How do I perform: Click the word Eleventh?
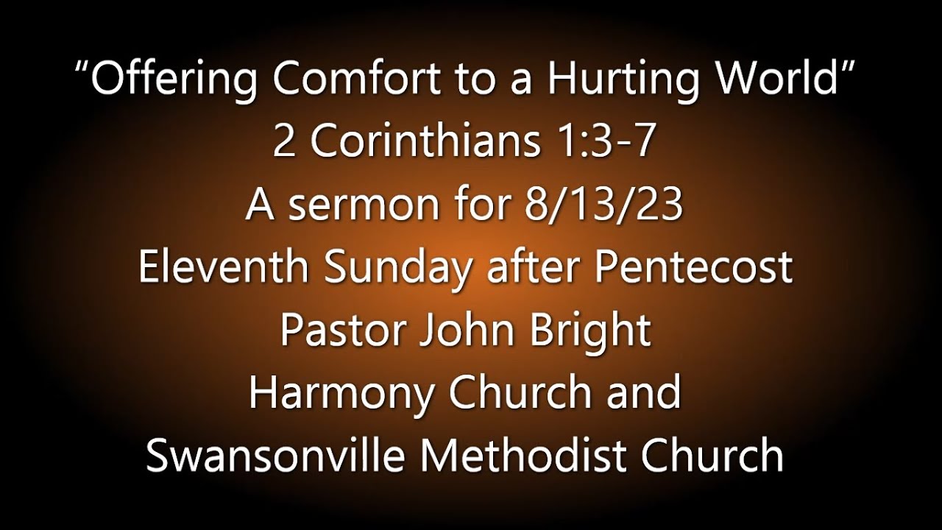tap(223, 266)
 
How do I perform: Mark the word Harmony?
tap(342, 392)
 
